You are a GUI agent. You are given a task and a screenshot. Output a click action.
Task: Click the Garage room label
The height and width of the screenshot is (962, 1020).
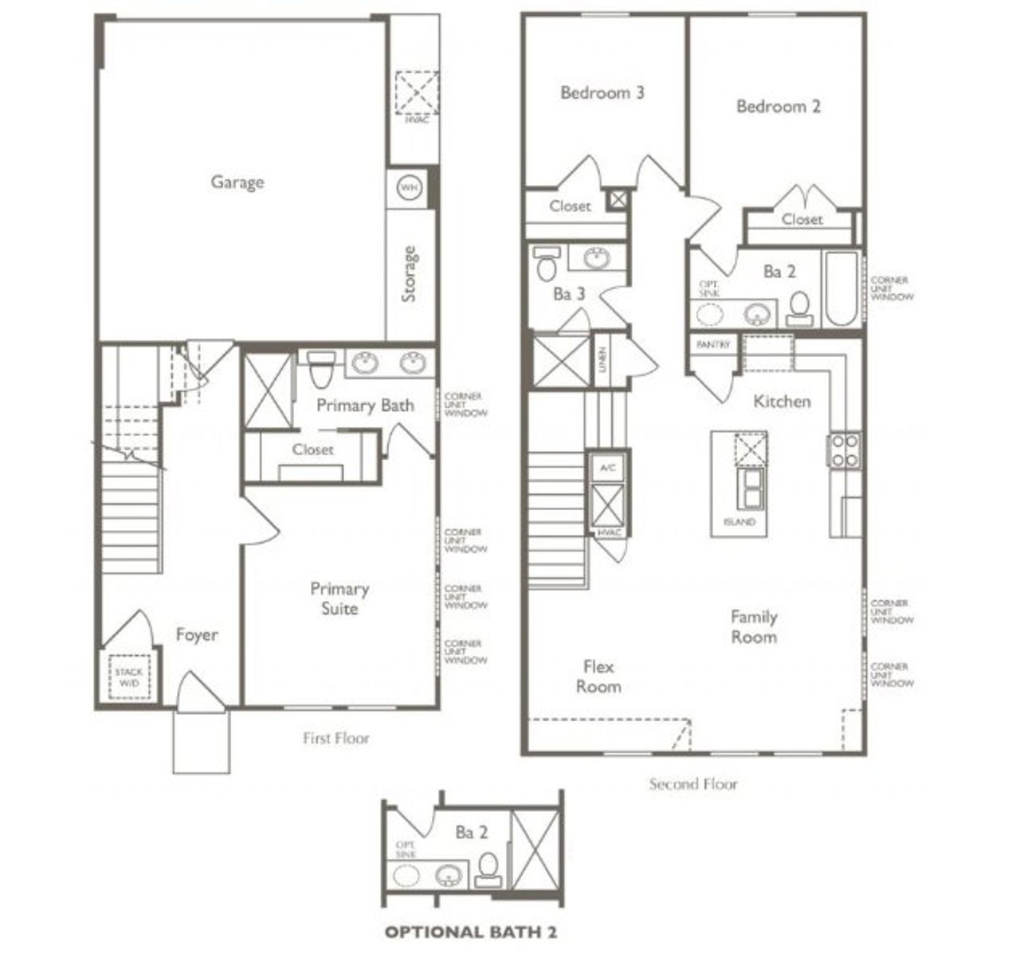coord(237,182)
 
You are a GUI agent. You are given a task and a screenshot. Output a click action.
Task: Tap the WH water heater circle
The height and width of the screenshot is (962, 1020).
coord(410,188)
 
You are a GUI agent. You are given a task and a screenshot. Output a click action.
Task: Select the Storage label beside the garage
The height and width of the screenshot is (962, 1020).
coord(410,274)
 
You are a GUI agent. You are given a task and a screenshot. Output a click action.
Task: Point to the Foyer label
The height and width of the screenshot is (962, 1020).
coord(196,635)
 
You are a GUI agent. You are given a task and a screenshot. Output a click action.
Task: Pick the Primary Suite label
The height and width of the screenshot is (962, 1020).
coord(339,599)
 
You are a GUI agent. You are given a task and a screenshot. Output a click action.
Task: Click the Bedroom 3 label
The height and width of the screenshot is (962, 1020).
coord(602,92)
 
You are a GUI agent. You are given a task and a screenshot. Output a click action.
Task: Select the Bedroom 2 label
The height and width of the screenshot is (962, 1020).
coord(778,106)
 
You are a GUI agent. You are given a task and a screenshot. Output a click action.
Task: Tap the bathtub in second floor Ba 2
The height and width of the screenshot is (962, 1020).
coord(841,289)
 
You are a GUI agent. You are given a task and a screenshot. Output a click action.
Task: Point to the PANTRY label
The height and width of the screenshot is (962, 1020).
coord(712,345)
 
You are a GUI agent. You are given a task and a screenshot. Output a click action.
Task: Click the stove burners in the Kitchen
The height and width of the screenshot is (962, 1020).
coord(845,450)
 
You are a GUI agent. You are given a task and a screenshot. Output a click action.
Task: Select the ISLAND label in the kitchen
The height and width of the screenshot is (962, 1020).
coord(739,522)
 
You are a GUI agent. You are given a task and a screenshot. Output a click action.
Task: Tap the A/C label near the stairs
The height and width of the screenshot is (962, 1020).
coord(607,468)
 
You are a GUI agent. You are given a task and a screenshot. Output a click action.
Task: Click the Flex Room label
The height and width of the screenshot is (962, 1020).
coord(598,676)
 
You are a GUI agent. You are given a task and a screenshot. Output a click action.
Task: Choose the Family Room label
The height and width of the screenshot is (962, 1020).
coord(754,626)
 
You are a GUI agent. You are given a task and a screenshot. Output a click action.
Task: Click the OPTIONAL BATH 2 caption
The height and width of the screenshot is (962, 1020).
coord(470,932)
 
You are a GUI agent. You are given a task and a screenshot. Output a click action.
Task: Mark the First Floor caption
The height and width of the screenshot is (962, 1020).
coord(335,738)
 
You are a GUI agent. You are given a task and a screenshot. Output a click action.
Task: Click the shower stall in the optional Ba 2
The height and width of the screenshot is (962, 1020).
coord(535,850)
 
